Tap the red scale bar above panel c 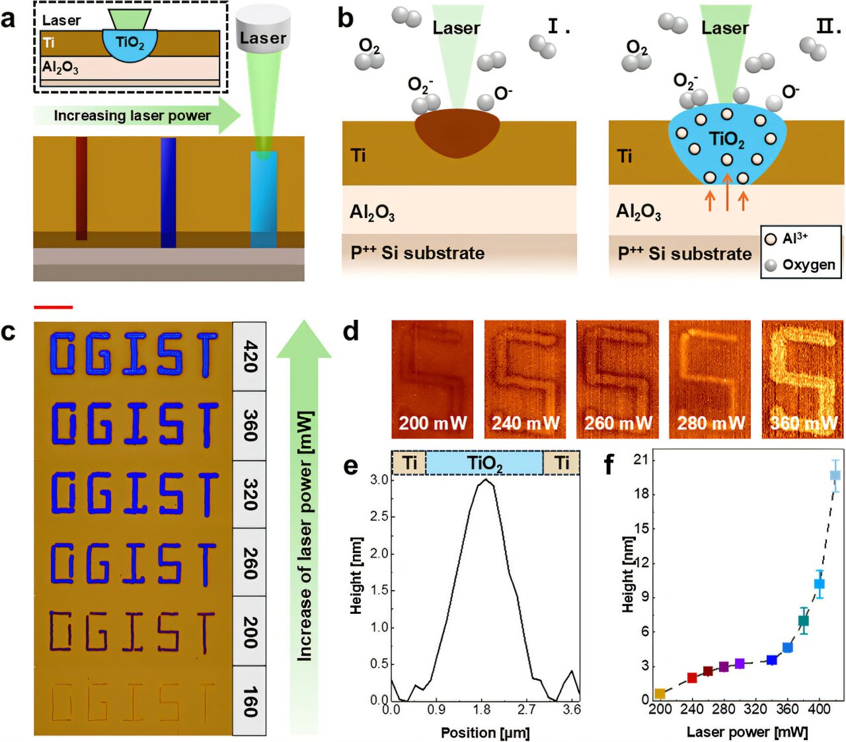coord(53,307)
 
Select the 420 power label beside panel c coord(250,356)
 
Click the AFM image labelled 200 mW coord(432,379)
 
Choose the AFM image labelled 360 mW coord(803,379)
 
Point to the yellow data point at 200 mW coord(660,694)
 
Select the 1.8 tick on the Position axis coord(482,710)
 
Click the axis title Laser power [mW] coord(747,731)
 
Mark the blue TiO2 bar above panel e coord(484,463)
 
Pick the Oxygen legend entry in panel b coord(808,265)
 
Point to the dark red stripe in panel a coord(81,188)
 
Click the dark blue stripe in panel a coord(168,192)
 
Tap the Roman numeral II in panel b coord(828,26)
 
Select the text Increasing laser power coord(132,116)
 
